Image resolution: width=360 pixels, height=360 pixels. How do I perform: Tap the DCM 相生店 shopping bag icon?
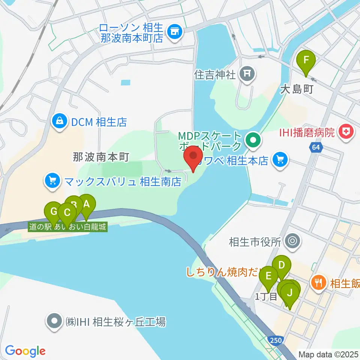tap(59, 121)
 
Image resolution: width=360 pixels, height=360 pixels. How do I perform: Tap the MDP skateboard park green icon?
tap(253, 141)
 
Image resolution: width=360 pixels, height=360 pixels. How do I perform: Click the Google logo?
tap(25, 351)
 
